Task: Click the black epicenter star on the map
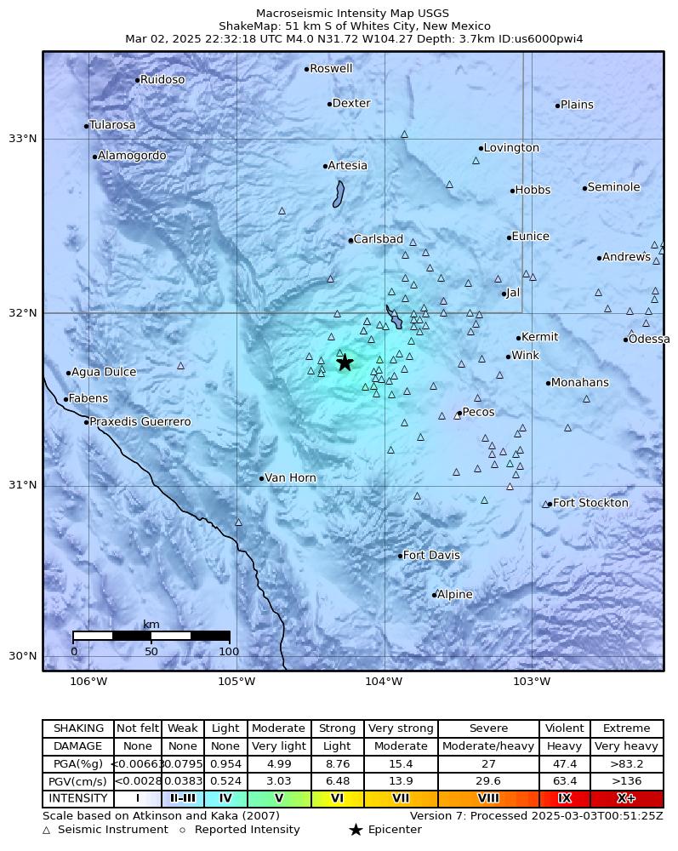(x=345, y=363)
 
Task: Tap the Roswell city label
(x=331, y=69)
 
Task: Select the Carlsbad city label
(x=378, y=240)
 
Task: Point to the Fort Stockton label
(x=590, y=503)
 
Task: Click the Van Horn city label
(x=290, y=478)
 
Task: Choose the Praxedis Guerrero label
(x=140, y=422)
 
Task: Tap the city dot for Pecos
(x=459, y=413)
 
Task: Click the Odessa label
(x=649, y=340)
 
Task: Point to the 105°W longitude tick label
(x=236, y=681)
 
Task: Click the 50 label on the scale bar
(x=151, y=652)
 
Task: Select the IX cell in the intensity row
(x=565, y=799)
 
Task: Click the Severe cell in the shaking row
(x=488, y=728)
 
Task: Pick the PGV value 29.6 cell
(x=488, y=781)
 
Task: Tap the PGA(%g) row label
(x=77, y=763)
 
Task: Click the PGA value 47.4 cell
(x=565, y=763)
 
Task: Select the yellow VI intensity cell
(x=338, y=799)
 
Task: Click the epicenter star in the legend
(x=356, y=830)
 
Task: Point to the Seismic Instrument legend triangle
(x=47, y=830)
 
